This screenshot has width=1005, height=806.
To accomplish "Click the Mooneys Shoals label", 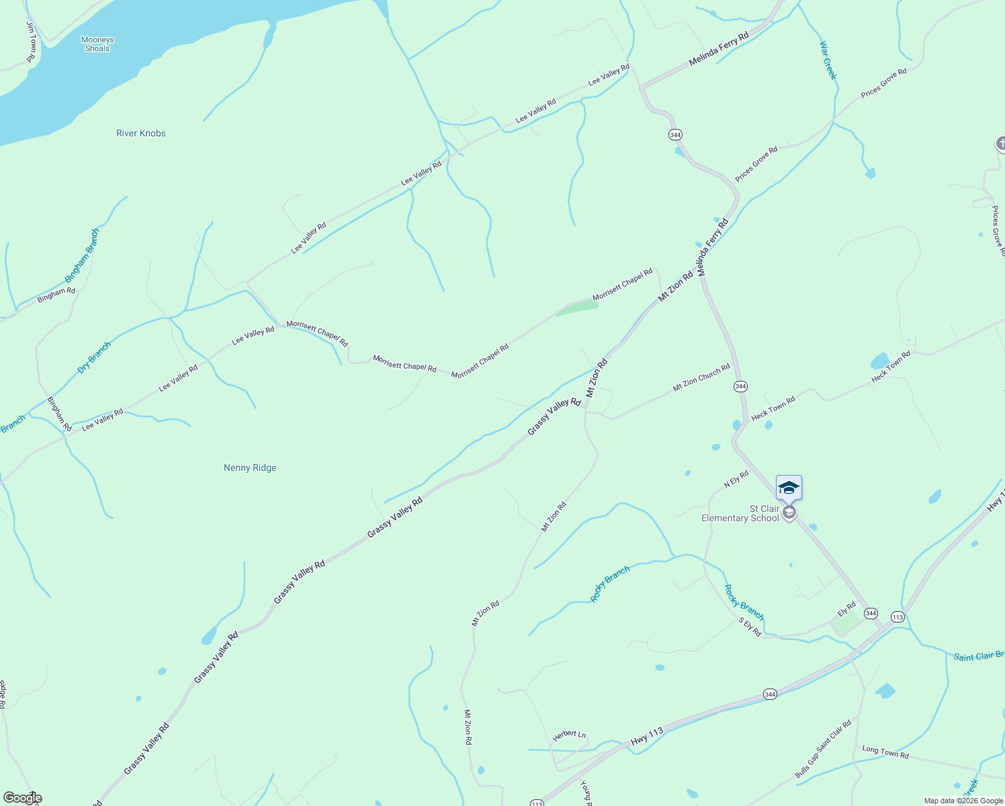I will click(97, 44).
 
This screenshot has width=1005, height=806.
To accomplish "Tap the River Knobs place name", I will click(141, 133).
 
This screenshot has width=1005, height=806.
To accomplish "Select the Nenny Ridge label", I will click(250, 467).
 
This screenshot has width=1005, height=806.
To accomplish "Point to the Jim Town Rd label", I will click(31, 42).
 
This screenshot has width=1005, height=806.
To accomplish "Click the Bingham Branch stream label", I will click(82, 256).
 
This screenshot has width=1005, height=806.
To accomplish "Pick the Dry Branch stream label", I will click(94, 357).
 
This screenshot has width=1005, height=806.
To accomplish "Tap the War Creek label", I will click(828, 60).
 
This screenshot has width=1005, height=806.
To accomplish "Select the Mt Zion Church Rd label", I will click(701, 378).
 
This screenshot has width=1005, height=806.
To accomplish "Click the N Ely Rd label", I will click(736, 480).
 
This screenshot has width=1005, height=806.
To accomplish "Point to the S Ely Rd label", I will click(750, 627).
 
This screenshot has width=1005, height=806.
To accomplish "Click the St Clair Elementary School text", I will click(740, 513).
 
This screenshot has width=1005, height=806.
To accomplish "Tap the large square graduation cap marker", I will click(789, 488).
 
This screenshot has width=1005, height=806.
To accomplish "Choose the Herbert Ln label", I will click(569, 735).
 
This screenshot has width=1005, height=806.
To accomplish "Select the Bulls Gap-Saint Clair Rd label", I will click(823, 749).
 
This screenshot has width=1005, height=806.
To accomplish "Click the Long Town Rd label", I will click(885, 752).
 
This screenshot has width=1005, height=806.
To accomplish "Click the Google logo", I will click(22, 798).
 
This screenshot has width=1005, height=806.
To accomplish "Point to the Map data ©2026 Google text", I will click(963, 801).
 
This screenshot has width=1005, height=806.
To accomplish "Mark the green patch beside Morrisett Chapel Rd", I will click(577, 308).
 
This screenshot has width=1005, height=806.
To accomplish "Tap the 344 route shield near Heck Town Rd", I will click(740, 386).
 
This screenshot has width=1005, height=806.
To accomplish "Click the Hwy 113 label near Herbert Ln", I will click(647, 736).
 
